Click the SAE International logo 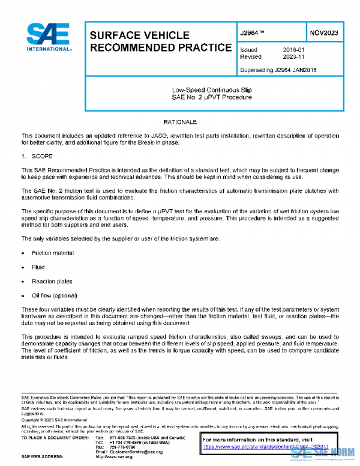tap(47, 37)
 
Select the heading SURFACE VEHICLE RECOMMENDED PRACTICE tap(160, 41)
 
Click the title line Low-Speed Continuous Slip tap(212, 90)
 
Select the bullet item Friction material tap(53, 253)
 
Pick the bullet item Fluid tap(38, 267)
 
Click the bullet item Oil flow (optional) tap(54, 295)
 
